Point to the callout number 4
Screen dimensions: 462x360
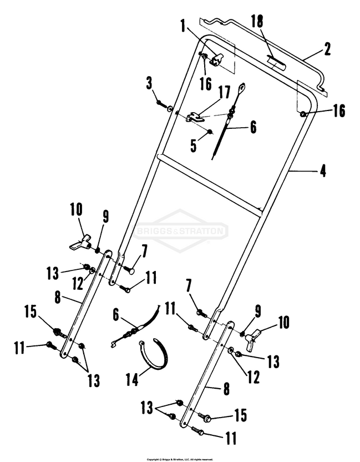(322, 172)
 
